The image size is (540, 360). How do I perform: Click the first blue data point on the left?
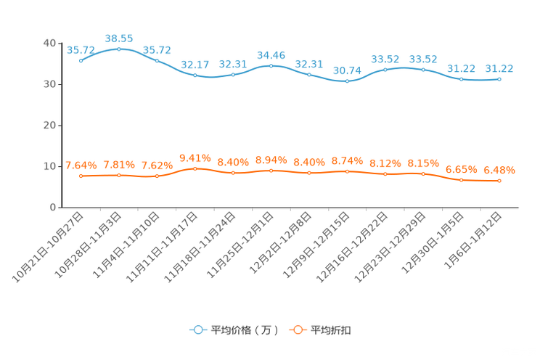tap(81, 61)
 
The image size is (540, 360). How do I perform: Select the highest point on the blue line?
tap(119, 49)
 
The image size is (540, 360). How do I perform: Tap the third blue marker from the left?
tap(157, 60)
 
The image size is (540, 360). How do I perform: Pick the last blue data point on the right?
tap(499, 78)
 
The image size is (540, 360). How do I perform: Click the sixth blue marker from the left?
tap(271, 65)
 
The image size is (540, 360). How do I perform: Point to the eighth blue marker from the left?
tap(348, 81)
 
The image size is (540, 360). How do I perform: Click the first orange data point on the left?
tap(81, 176)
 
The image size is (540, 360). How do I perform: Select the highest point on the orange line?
tap(195, 168)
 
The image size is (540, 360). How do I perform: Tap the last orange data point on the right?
tap(499, 181)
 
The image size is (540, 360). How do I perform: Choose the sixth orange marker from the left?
tap(271, 171)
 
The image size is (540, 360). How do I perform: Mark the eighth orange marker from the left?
tap(348, 171)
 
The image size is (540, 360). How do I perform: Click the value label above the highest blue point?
tap(119, 37)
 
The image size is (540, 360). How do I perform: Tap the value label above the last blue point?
tap(499, 68)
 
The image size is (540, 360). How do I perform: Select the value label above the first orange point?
tap(81, 165)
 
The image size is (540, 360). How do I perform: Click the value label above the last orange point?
tap(499, 170)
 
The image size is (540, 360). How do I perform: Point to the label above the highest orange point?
tap(195, 157)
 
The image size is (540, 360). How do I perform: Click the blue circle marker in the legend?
tap(197, 330)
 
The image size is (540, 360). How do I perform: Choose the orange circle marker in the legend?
tap(297, 330)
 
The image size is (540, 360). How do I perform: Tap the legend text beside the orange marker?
tap(332, 330)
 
